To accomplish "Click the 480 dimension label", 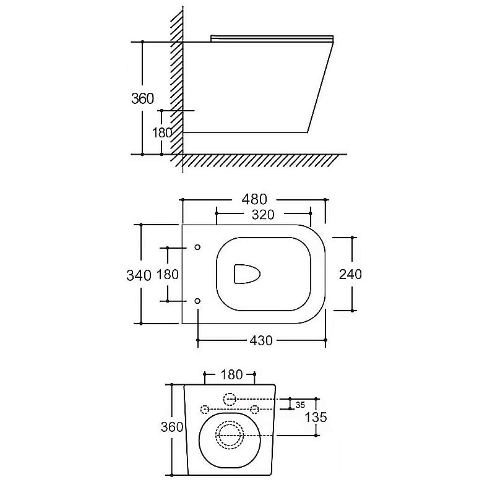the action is click(x=254, y=199).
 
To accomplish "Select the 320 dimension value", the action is click(x=263, y=215).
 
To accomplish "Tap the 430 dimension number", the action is click(x=261, y=341).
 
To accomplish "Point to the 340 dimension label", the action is click(x=139, y=275).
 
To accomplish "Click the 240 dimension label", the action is click(x=350, y=274).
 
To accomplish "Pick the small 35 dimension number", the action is click(x=300, y=405).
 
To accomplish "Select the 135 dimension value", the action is click(x=316, y=417).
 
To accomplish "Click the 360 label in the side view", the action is click(x=143, y=98).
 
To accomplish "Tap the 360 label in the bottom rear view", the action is click(x=172, y=427).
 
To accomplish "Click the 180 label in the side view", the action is click(x=162, y=133).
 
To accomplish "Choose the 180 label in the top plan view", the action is click(x=168, y=274).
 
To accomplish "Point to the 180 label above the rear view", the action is click(x=231, y=375).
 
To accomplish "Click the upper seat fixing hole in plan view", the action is click(x=197, y=247).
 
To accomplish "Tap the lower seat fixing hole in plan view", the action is click(x=197, y=301).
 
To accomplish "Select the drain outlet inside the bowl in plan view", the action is click(x=246, y=273).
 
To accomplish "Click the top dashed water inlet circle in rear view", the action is click(x=230, y=399).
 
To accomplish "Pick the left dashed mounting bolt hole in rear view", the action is click(x=205, y=410).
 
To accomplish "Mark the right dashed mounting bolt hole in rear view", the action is click(x=254, y=410).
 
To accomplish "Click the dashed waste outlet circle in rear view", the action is click(x=230, y=435).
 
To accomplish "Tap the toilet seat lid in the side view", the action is click(x=272, y=38).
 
